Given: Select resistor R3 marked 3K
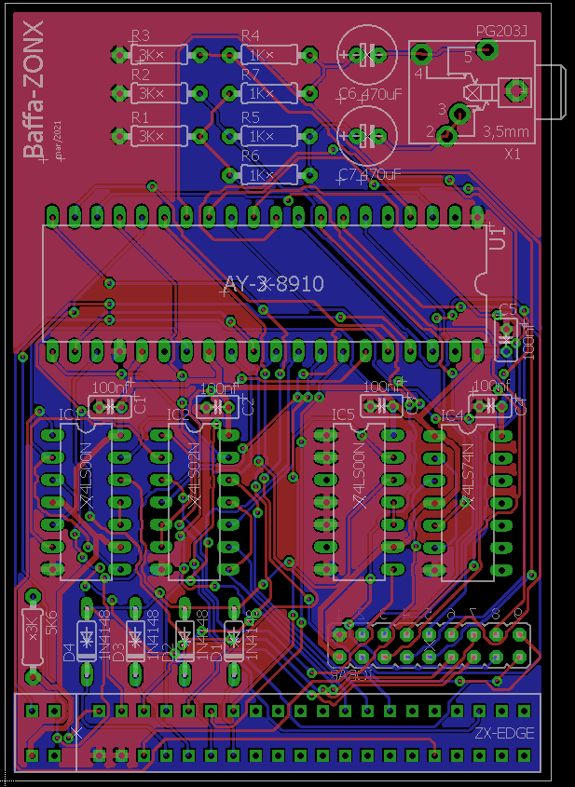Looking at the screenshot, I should pyautogui.click(x=148, y=55).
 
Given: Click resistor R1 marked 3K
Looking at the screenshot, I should pyautogui.click(x=148, y=136).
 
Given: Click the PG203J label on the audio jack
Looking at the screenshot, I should pyautogui.click(x=501, y=33).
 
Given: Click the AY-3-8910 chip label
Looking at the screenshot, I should pyautogui.click(x=274, y=284).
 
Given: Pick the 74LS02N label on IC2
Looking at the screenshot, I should pyautogui.click(x=194, y=475).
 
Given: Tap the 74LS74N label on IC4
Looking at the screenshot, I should pyautogui.click(x=467, y=475).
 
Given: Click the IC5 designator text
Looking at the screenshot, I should pyautogui.click(x=343, y=414).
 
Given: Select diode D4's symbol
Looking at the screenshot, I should pyautogui.click(x=87, y=638).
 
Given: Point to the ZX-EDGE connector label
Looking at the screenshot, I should pyautogui.click(x=504, y=733).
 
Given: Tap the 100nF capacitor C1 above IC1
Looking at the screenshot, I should pyautogui.click(x=109, y=406).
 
